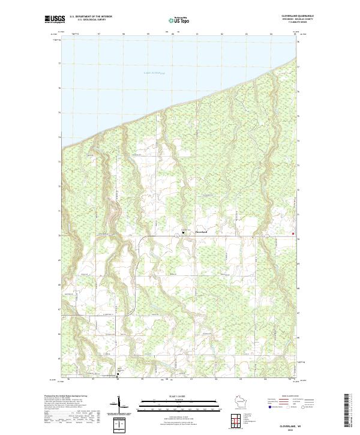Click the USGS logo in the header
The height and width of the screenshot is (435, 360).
point(56,19)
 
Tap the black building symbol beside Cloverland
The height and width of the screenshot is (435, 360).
point(183,232)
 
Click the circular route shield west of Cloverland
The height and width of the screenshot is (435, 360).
point(177,236)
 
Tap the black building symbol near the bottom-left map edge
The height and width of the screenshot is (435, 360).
point(117,376)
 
